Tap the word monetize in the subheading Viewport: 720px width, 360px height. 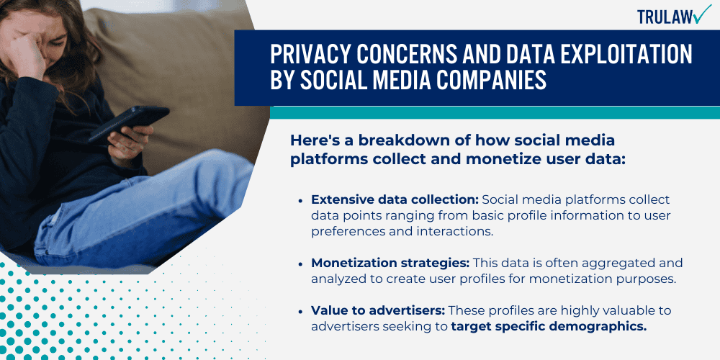pos(461,158)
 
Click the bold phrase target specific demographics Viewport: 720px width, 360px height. pos(549,327)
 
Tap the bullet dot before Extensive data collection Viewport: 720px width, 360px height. pos(300,199)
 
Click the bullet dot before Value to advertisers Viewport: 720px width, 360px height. pos(300,310)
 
